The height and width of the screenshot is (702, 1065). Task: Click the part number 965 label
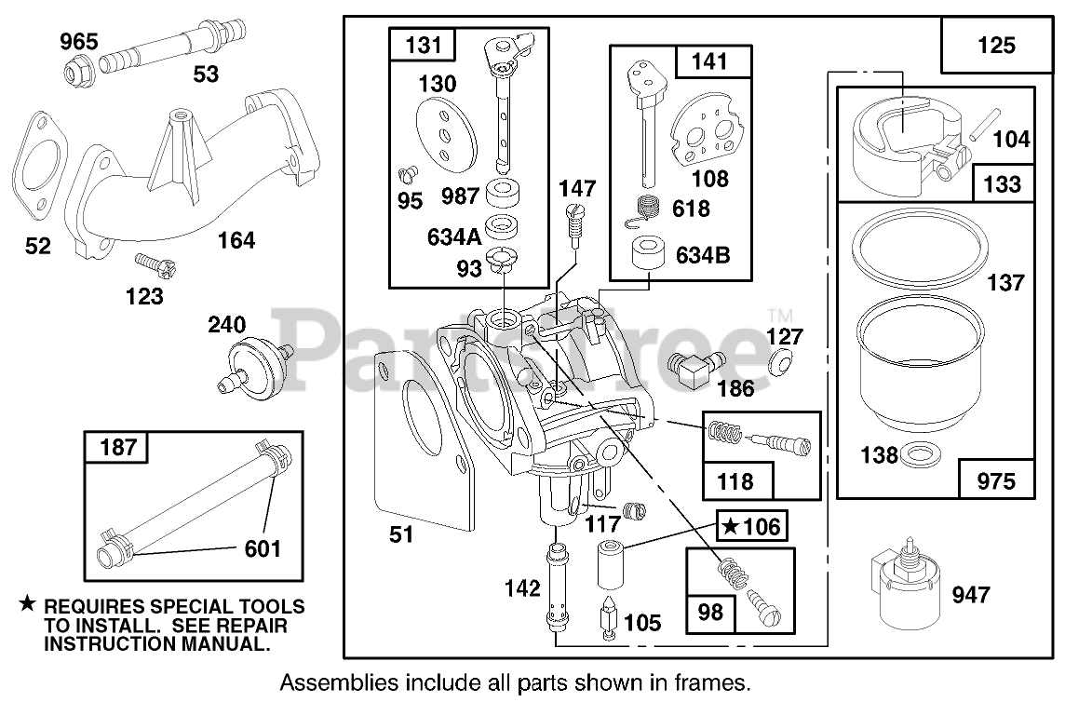coord(79,41)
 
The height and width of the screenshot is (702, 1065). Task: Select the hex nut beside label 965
coord(74,69)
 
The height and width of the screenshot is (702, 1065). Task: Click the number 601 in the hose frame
coord(262,548)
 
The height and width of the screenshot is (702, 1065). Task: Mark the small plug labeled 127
coord(783,364)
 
